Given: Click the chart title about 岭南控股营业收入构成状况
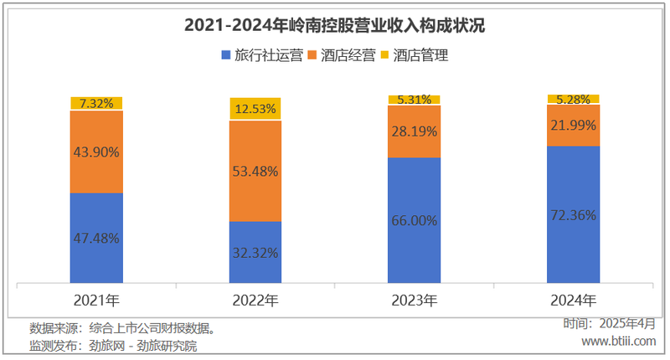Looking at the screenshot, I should [x=334, y=25].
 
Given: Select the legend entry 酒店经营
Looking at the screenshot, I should [x=341, y=56].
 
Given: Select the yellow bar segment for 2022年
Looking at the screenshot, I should [x=255, y=109].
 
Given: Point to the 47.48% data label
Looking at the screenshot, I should [x=96, y=238].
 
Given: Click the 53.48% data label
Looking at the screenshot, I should [x=255, y=171].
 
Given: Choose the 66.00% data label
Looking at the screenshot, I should [x=414, y=220].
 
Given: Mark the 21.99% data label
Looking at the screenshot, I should [x=573, y=125].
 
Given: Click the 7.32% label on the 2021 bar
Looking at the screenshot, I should [x=96, y=104].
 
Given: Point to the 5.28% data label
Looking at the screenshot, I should [x=573, y=100].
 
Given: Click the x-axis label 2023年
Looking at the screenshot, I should [x=414, y=300].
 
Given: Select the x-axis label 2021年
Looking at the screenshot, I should [x=96, y=300].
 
